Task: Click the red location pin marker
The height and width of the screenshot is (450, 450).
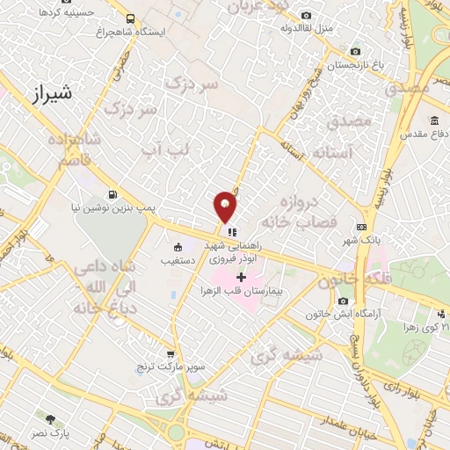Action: tap(226, 206)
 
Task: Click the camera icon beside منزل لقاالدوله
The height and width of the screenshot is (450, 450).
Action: tap(306, 15)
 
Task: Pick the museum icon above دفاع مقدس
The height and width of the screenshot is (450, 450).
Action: tap(435, 120)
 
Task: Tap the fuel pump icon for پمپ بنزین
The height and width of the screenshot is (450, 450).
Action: tap(112, 194)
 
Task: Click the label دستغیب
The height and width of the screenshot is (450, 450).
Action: tap(179, 261)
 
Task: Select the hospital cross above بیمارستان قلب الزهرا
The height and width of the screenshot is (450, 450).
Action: tap(241, 277)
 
